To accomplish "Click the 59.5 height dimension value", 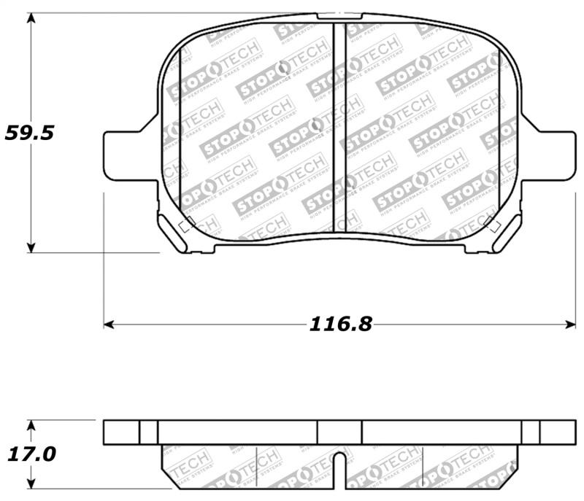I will pyautogui.click(x=30, y=133).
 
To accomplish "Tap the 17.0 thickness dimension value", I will pyautogui.click(x=30, y=454).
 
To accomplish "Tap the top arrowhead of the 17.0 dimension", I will pyautogui.click(x=30, y=425).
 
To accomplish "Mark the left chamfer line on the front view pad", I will pyautogui.click(x=180, y=131).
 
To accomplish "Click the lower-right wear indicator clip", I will pyautogui.click(x=504, y=233).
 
